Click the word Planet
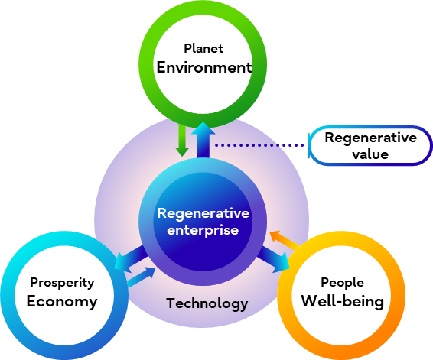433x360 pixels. (x=203, y=50)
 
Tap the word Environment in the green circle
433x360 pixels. (x=204, y=67)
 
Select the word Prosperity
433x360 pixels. (x=61, y=282)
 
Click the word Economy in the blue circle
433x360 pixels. (x=62, y=301)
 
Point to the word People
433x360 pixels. (x=342, y=282)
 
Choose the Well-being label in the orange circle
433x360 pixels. (x=342, y=300)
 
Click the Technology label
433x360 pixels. (x=207, y=303)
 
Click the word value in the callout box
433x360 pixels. (x=371, y=154)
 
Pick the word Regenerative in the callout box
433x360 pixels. (x=371, y=138)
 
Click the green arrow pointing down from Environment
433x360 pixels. (x=181, y=141)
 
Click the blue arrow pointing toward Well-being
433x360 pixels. (x=274, y=259)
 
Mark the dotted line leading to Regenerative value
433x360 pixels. (x=260, y=144)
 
